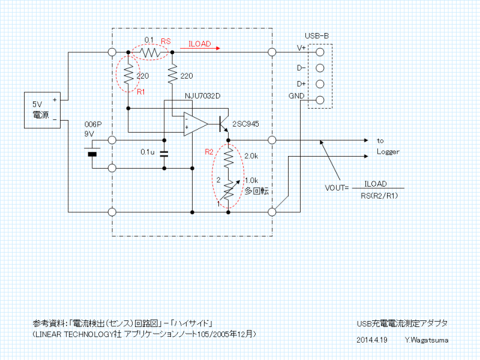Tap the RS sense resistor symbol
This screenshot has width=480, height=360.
pos(150,53)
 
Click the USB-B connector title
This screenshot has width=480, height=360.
pos(317,36)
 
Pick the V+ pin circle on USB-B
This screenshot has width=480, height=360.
pos(320,52)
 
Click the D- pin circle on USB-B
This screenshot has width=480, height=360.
pos(320,68)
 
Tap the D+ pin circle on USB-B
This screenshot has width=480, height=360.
pos(320,84)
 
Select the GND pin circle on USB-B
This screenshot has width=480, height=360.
pos(320,100)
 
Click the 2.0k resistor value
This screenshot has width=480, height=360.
pos(251,156)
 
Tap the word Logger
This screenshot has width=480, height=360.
pos(388,152)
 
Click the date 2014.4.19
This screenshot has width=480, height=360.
pos(371,340)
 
